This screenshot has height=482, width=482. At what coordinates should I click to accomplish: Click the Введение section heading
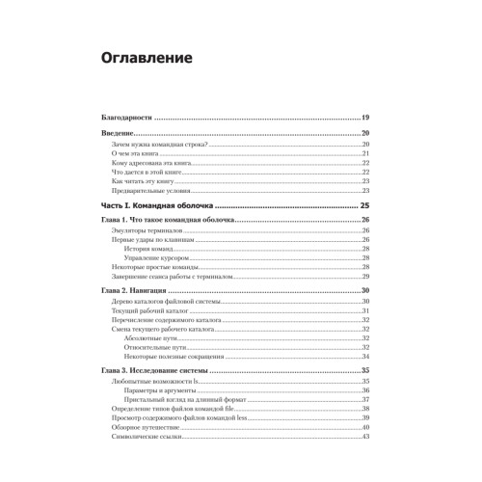point(120,133)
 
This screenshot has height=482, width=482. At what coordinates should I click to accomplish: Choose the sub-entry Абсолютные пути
point(153,339)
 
